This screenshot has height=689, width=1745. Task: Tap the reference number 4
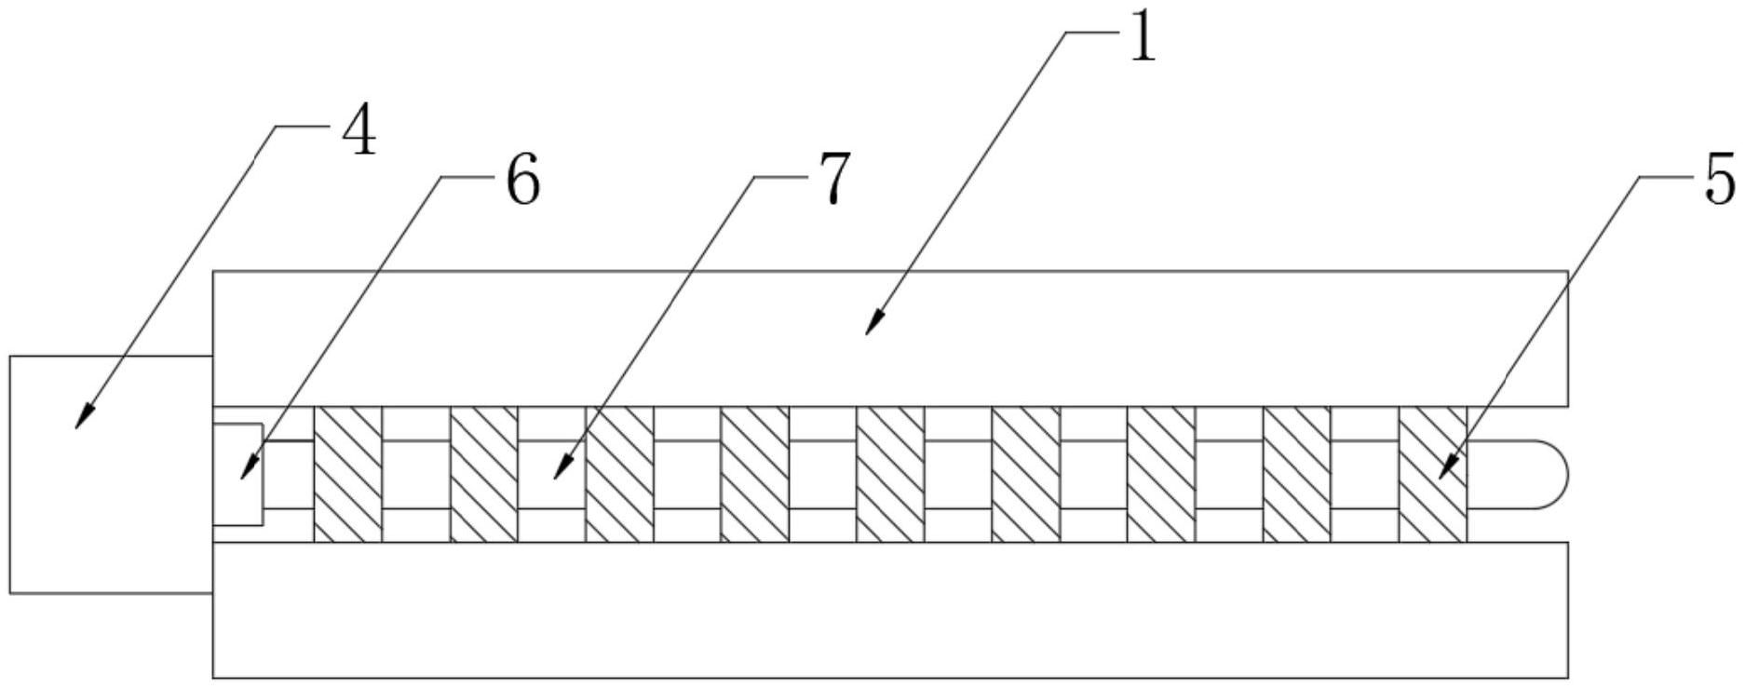[x=358, y=133]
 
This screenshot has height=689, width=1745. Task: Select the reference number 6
[x=522, y=181]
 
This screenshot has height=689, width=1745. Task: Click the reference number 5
[x=1719, y=180]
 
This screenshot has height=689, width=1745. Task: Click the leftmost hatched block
[x=348, y=474]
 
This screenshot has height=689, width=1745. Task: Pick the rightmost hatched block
[x=1432, y=474]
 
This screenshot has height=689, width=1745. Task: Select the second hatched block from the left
[x=484, y=474]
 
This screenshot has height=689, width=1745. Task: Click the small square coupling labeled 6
[x=237, y=475]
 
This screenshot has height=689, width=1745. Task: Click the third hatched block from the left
[x=619, y=474]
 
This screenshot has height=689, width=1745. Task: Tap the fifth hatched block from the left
[x=890, y=474]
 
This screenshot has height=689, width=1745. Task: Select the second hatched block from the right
[x=1297, y=474]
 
